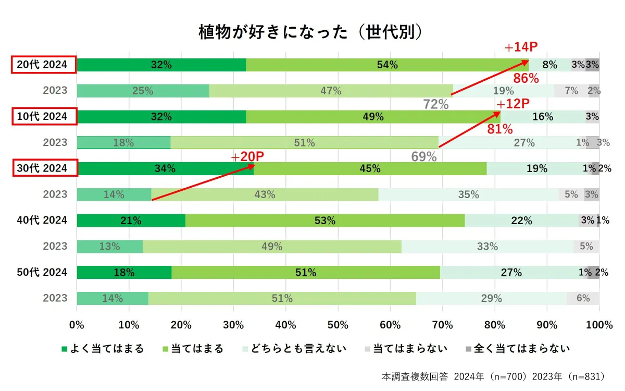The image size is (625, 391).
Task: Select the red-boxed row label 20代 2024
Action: pyautogui.click(x=44, y=65)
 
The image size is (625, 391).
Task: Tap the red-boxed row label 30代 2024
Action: pyautogui.click(x=44, y=168)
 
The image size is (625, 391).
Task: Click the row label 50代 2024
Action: pyautogui.click(x=42, y=272)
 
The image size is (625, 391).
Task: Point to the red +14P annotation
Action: pyautogui.click(x=520, y=48)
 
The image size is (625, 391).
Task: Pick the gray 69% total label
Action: pyautogui.click(x=423, y=156)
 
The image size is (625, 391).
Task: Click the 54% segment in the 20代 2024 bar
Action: pyautogui.click(x=387, y=65)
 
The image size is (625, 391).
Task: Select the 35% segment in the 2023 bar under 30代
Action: pyautogui.click(x=468, y=194)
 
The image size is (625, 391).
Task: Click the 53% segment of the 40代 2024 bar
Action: pyautogui.click(x=324, y=221)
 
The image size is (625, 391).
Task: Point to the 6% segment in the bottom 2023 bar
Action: pyautogui.click(x=583, y=298)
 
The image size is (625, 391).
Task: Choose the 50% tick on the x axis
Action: pyautogui.click(x=338, y=325)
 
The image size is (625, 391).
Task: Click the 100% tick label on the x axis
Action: pyautogui.click(x=599, y=325)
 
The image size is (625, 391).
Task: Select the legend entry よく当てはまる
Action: pyautogui.click(x=102, y=349)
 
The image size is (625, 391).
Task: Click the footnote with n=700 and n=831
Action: pyautogui.click(x=492, y=376)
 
